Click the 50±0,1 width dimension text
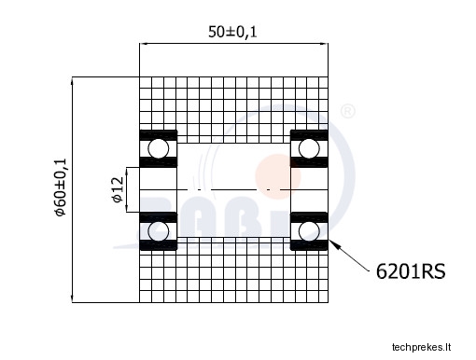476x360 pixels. coord(232,32)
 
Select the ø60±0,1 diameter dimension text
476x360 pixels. coord(60,187)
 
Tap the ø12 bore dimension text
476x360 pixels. coord(118,189)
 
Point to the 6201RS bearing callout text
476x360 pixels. coord(411,271)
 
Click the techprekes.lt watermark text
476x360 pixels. coord(421,347)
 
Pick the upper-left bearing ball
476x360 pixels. coord(159,148)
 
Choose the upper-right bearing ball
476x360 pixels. coord(309,148)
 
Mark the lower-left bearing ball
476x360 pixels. coord(159,231)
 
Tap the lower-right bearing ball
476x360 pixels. coord(309,231)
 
